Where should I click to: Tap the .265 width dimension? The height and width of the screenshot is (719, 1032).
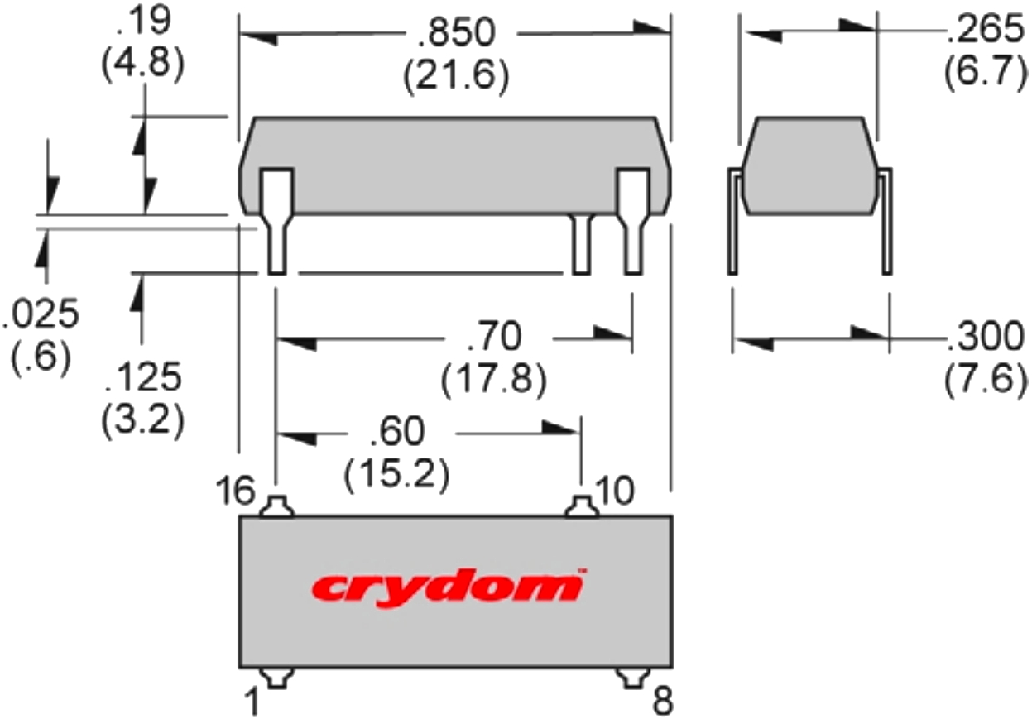pyautogui.click(x=984, y=31)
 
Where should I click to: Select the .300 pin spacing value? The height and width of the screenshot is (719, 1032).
pyautogui.click(x=984, y=338)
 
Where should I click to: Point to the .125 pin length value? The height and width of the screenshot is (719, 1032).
pyautogui.click(x=142, y=379)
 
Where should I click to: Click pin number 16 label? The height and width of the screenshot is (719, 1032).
pyautogui.click(x=237, y=491)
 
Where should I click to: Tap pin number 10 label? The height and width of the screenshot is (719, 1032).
pyautogui.click(x=614, y=491)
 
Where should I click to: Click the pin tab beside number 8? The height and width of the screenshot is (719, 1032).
pyautogui.click(x=634, y=678)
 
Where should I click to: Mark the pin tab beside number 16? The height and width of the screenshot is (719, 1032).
pyautogui.click(x=276, y=506)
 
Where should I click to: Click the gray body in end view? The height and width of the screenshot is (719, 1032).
pyautogui.click(x=809, y=165)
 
